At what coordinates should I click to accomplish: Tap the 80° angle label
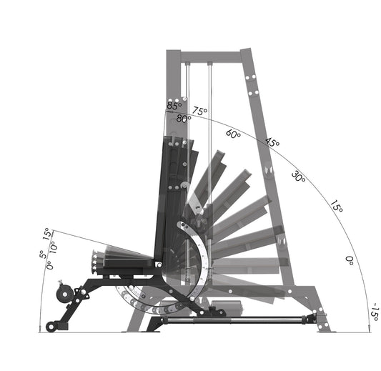(x=184, y=119)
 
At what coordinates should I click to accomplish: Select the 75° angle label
(x=199, y=112)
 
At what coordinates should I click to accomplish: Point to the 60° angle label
(x=233, y=134)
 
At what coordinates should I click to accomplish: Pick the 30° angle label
(x=299, y=176)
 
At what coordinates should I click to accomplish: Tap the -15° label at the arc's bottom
(x=372, y=313)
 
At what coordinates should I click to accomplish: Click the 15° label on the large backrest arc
(x=336, y=209)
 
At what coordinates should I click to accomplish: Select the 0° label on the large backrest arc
(x=350, y=260)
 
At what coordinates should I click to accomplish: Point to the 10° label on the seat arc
(x=53, y=245)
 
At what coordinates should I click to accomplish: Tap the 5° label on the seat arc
(x=42, y=254)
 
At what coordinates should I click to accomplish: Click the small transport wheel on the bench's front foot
(x=51, y=327)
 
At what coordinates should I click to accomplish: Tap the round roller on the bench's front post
(x=63, y=294)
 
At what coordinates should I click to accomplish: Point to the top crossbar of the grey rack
(x=211, y=55)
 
